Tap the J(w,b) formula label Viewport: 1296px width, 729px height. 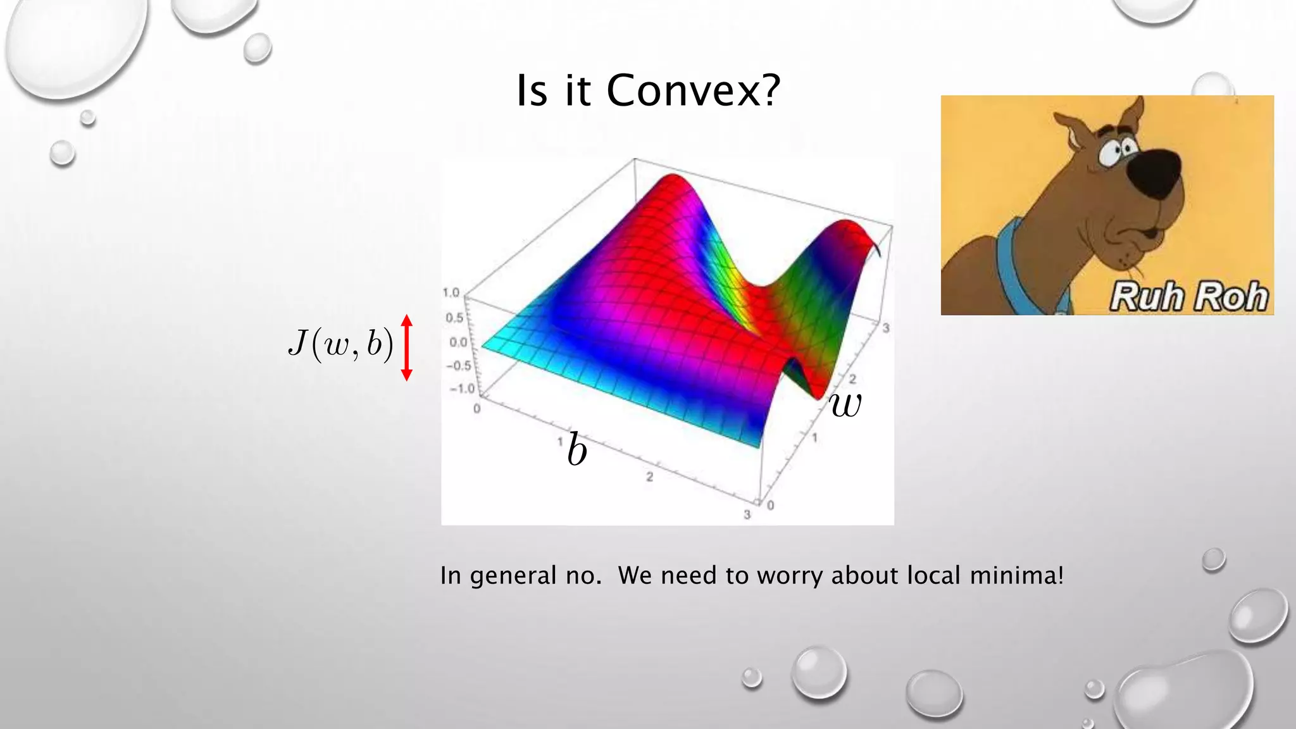(x=340, y=345)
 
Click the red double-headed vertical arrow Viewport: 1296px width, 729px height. (x=407, y=347)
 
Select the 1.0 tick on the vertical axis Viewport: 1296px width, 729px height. (x=451, y=293)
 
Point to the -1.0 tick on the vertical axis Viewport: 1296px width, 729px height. (x=461, y=389)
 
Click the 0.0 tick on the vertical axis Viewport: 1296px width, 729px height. (x=458, y=342)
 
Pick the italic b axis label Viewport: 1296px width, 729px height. (x=576, y=450)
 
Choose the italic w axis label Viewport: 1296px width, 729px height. (x=845, y=404)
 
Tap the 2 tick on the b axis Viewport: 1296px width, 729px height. (x=649, y=477)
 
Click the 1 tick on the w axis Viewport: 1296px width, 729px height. (x=815, y=437)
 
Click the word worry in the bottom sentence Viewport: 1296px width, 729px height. (x=790, y=576)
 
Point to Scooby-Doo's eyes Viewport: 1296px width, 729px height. (x=1117, y=151)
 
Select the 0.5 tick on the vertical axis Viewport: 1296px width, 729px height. (x=454, y=318)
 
